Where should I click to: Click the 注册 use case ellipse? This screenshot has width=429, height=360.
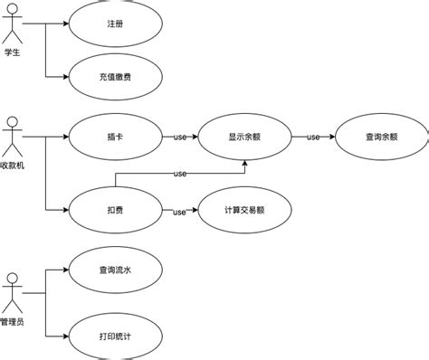pyautogui.click(x=114, y=24)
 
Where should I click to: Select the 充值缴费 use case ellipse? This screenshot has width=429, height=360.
pyautogui.click(x=114, y=78)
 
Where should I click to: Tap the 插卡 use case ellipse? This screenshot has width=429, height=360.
pyautogui.click(x=114, y=137)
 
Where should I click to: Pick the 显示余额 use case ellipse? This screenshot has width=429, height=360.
pyautogui.click(x=245, y=137)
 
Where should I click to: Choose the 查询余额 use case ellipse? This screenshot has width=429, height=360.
pyautogui.click(x=381, y=137)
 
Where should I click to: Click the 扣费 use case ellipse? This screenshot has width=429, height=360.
pyautogui.click(x=114, y=211)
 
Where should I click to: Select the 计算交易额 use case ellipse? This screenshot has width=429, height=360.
pyautogui.click(x=244, y=211)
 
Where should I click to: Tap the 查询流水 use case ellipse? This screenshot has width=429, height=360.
pyautogui.click(x=114, y=269)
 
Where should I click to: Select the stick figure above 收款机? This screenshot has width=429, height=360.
pyautogui.click(x=12, y=137)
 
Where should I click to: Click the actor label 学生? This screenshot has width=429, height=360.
pyautogui.click(x=12, y=52)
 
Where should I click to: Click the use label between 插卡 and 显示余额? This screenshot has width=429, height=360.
pyautogui.click(x=179, y=137)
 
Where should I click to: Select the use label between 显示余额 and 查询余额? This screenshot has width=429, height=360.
pyautogui.click(x=313, y=137)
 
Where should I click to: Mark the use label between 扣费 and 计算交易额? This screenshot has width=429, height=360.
pyautogui.click(x=179, y=212)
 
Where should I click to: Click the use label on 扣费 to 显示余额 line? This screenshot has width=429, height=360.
pyautogui.click(x=180, y=174)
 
